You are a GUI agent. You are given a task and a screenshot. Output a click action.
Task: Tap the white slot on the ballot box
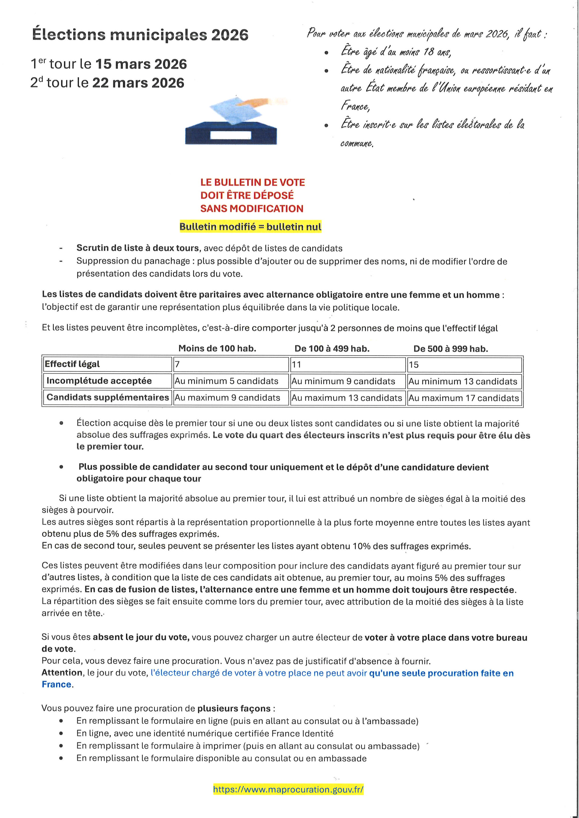click(x=231, y=135)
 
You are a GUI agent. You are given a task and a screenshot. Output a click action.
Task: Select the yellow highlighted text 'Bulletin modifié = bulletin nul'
click(x=250, y=227)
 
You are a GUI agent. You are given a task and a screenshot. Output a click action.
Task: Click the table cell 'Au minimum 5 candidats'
click(x=226, y=381)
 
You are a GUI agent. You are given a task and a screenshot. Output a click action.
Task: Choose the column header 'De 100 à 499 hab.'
click(x=332, y=348)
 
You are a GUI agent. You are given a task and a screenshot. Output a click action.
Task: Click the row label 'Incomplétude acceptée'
click(x=99, y=381)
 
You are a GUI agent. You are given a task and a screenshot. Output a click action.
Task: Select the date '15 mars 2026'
click(x=141, y=64)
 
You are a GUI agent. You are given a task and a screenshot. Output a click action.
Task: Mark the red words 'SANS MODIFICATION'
click(x=252, y=208)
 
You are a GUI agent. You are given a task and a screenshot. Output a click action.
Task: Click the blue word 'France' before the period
click(x=56, y=685)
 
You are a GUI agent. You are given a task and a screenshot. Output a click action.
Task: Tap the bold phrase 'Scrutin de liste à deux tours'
click(x=138, y=248)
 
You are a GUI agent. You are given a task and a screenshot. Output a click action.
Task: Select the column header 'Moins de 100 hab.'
click(x=217, y=348)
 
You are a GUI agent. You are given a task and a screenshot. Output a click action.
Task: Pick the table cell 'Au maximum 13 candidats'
click(x=346, y=398)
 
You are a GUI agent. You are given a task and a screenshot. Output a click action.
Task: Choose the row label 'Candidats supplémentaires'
click(x=108, y=397)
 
